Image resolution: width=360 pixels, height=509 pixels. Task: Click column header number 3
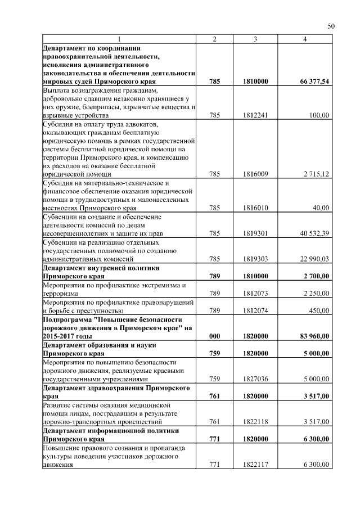255,39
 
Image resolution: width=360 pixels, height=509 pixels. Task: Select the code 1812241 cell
255,115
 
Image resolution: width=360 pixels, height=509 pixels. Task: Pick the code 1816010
255,208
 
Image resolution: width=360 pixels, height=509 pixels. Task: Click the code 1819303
255,259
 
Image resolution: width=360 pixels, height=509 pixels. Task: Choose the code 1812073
255,293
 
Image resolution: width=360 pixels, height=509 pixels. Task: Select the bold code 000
214,336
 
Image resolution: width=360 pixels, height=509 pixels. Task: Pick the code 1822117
255,465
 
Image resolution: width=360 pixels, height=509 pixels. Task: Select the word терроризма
62,293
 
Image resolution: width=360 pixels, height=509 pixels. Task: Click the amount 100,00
319,115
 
